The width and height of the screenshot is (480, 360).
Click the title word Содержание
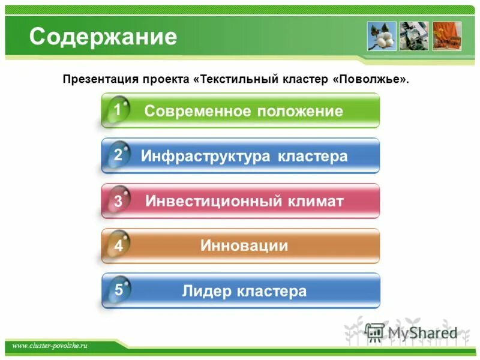pyautogui.click(x=103, y=37)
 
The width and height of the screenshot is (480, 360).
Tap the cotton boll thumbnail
pyautogui.click(x=382, y=36)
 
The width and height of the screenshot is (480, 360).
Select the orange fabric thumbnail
pyautogui.click(x=446, y=36)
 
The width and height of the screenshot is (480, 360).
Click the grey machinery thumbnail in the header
pyautogui.click(x=414, y=36)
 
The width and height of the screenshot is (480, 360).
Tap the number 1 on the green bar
pyautogui.click(x=118, y=110)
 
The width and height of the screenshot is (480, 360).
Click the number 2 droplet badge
pyautogui.click(x=118, y=155)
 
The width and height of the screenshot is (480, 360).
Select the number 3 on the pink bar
pyautogui.click(x=118, y=202)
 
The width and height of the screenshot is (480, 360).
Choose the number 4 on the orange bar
pyautogui.click(x=118, y=246)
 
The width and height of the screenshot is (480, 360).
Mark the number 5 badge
pyautogui.click(x=119, y=290)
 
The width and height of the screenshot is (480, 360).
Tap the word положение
pyautogui.click(x=300, y=111)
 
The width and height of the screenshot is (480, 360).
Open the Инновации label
pyautogui.click(x=244, y=245)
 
